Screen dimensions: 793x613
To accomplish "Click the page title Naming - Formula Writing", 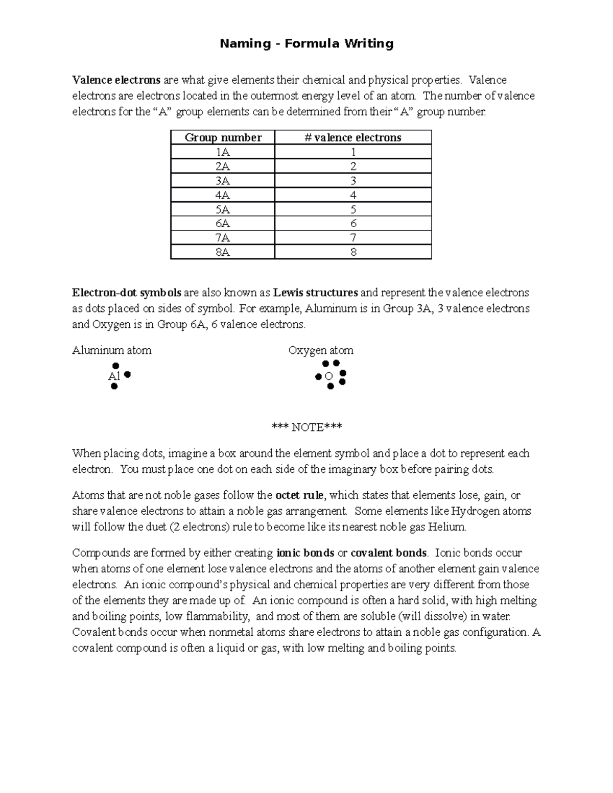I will pos(306,44).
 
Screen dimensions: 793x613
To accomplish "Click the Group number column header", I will pos(223,137).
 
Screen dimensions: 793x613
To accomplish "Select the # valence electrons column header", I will pos(353,137).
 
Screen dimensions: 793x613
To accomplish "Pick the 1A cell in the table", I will pos(223,152).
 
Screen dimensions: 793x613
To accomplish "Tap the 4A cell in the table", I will pos(223,195).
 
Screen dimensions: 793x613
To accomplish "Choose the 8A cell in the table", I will pos(223,252).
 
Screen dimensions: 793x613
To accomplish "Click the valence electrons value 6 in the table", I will pos(353,224).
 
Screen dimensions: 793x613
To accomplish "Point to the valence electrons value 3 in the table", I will pos(353,181).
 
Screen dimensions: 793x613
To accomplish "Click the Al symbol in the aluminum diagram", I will pos(114,376).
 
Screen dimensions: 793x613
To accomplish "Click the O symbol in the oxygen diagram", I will pos(329,376).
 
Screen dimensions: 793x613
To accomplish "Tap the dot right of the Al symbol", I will pos(128,375).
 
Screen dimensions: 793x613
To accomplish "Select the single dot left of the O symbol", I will pos(318,377).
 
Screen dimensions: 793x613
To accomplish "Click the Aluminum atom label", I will pos(112,350).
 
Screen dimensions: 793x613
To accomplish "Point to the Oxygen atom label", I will pos(321,350).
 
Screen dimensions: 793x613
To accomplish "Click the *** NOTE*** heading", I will pos(306,427).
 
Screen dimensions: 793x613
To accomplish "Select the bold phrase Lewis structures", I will pos(315,293).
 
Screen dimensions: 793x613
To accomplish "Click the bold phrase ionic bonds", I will pos(305,553).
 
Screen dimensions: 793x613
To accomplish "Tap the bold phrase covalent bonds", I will pos(388,553).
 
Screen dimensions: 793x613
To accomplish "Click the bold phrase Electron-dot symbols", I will pos(127,293).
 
